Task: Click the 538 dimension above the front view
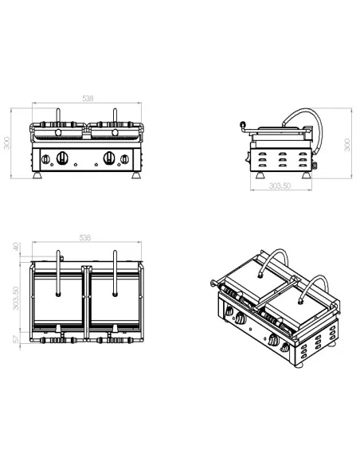point(88,99)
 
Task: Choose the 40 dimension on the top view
point(17,248)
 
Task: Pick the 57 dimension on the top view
point(17,340)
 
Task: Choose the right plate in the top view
point(115,299)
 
